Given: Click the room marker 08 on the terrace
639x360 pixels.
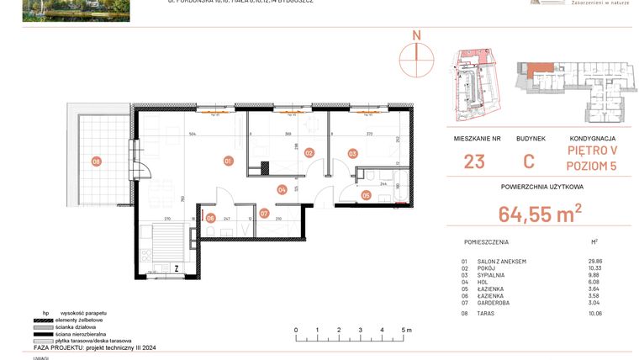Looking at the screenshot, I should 97,161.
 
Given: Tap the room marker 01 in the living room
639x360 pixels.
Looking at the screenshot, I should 228,160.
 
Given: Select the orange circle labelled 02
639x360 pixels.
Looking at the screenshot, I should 309,153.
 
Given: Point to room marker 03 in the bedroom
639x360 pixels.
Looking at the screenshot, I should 352,153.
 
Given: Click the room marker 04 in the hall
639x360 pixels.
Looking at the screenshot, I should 283,190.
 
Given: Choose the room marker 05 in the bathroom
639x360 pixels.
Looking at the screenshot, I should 366,195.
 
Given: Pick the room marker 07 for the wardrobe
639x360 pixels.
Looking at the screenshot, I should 264,214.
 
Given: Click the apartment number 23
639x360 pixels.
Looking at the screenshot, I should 473,162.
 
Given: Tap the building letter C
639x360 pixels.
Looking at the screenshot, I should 531,162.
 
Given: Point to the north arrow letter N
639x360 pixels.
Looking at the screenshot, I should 415,35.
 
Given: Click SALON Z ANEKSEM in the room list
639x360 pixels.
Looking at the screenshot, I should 501,262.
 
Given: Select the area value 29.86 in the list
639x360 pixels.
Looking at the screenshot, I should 595,262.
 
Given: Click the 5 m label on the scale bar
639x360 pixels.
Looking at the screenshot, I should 405,331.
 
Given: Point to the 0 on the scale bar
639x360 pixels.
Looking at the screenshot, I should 296,331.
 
